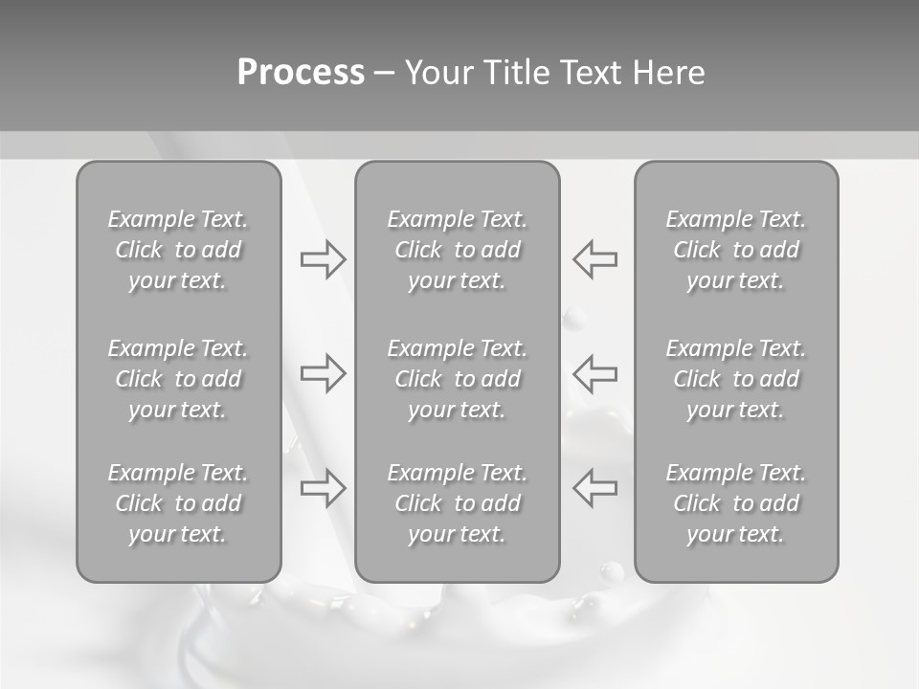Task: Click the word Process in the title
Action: click(301, 73)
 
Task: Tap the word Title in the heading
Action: click(518, 73)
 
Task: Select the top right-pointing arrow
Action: click(323, 258)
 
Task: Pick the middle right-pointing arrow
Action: click(323, 372)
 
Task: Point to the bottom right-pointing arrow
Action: click(323, 487)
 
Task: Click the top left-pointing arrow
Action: click(595, 258)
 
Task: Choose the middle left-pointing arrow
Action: click(595, 372)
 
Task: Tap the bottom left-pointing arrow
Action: click(595, 487)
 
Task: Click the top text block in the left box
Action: click(178, 250)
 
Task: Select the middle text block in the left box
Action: click(178, 379)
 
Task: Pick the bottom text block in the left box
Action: click(178, 503)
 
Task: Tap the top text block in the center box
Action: click(458, 250)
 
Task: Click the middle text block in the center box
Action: click(458, 379)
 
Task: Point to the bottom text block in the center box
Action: click(458, 503)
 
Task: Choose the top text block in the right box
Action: click(736, 250)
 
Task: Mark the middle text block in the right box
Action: click(736, 379)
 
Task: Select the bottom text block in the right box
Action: click(736, 503)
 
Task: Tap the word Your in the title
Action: click(439, 73)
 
